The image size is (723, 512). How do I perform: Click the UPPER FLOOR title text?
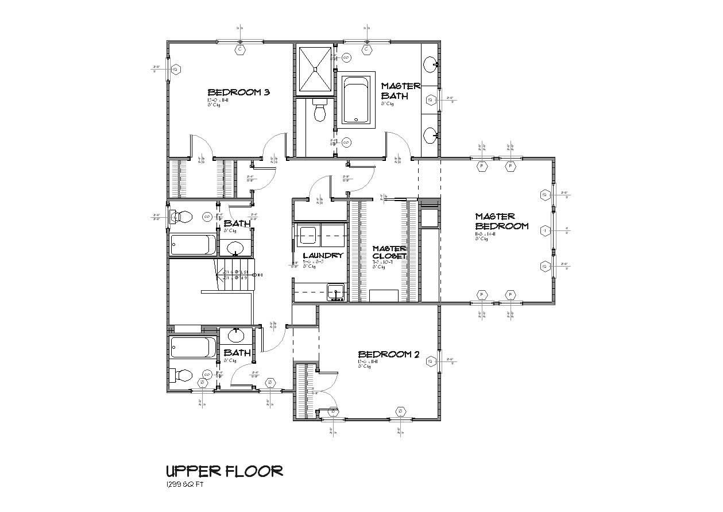pyautogui.click(x=224, y=471)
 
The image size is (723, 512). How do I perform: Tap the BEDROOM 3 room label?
pyautogui.click(x=238, y=92)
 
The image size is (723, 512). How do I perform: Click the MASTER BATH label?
pyautogui.click(x=401, y=91)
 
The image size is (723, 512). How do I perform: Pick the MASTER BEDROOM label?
pyautogui.click(x=501, y=221)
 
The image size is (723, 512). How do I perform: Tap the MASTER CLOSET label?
pyautogui.click(x=389, y=252)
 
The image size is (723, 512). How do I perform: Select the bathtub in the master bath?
pyautogui.click(x=358, y=100)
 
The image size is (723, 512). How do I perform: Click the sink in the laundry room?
pyautogui.click(x=335, y=292)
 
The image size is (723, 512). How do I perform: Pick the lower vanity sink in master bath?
pyautogui.click(x=430, y=135)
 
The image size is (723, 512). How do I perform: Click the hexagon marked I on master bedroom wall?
pyautogui.click(x=544, y=230)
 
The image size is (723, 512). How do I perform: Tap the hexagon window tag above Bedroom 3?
pyautogui.click(x=240, y=49)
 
